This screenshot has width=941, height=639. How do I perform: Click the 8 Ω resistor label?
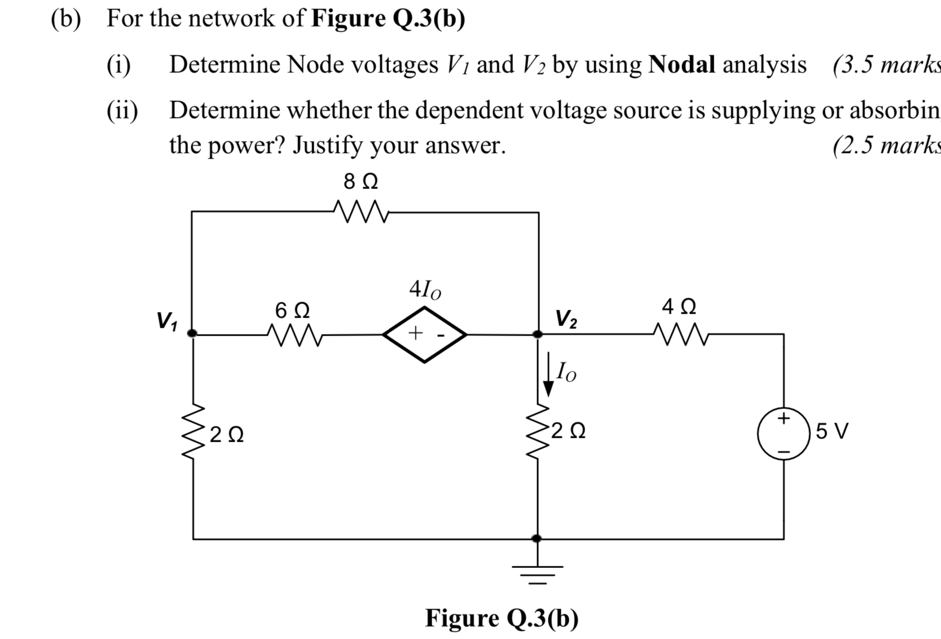360,182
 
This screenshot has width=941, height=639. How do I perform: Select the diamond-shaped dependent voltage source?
425,334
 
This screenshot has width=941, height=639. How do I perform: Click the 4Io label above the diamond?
425,290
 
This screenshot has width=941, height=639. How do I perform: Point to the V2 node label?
566,319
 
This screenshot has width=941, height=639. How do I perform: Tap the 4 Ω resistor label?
679,307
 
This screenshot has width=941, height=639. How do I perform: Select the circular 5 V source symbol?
784,434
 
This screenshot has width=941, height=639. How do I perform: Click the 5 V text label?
832,431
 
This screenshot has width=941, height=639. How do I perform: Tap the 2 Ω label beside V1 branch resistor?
226,435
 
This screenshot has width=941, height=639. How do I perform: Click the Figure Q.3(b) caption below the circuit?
502,618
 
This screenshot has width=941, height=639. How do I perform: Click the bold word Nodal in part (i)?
681,65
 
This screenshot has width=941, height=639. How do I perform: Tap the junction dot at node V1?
192,333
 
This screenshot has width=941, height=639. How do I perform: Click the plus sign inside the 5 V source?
784,418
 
